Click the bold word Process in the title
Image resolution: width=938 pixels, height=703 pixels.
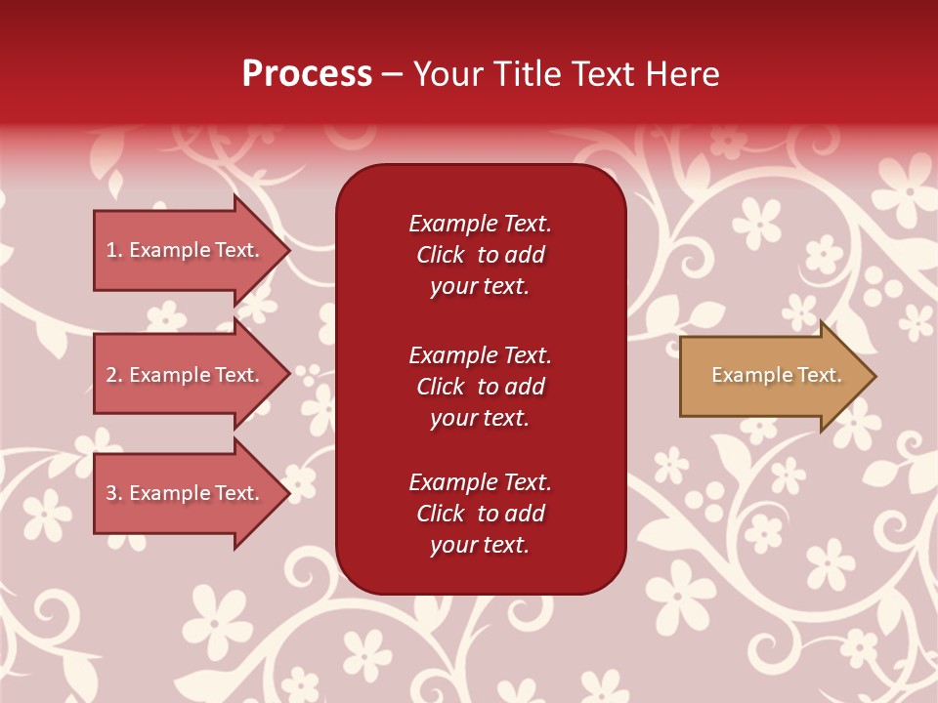point(307,74)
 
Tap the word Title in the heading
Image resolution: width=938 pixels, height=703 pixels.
point(527,74)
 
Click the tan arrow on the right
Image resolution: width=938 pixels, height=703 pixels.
point(772,376)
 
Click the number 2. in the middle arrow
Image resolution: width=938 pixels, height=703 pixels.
point(114,375)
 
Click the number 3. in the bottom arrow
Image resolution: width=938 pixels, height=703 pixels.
point(114,493)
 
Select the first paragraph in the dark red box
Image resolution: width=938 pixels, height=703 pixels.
point(480,255)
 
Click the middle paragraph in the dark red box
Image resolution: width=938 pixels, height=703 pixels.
point(480,387)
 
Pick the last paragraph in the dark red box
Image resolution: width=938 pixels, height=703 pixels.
point(480,514)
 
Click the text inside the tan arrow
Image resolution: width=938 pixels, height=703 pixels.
point(776,375)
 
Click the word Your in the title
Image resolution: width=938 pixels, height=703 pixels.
point(446,74)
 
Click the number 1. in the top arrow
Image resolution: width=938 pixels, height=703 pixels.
point(114,250)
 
